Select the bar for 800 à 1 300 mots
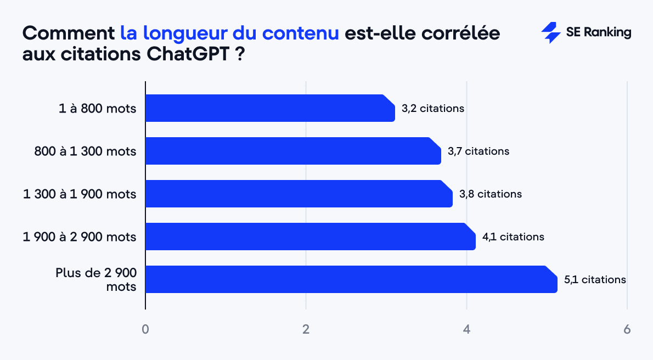[x=293, y=151]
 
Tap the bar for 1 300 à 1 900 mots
[x=299, y=194]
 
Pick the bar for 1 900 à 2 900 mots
[x=310, y=237]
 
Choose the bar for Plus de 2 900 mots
[x=351, y=279]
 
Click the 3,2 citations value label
[x=433, y=109]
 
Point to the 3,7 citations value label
[x=479, y=151]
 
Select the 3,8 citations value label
[x=491, y=194]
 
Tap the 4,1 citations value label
[x=513, y=237]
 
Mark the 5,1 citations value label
[x=595, y=280]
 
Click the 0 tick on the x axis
[x=145, y=330]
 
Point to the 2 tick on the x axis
[x=306, y=330]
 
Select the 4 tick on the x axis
[x=466, y=330]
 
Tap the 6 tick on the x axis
[x=627, y=330]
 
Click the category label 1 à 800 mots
[x=97, y=109]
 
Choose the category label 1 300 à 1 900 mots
[x=80, y=194]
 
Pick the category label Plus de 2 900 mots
[x=95, y=279]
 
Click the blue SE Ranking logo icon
[x=550, y=33]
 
